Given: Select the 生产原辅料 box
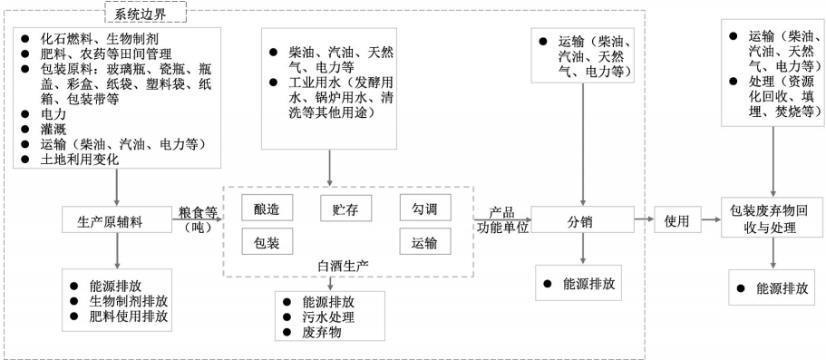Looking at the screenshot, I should point(117,219).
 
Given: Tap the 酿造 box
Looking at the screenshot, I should point(267,209).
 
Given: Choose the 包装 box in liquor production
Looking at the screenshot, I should point(267,242).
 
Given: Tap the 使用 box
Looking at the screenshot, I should point(677,219).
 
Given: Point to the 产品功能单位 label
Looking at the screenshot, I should point(501,220).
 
